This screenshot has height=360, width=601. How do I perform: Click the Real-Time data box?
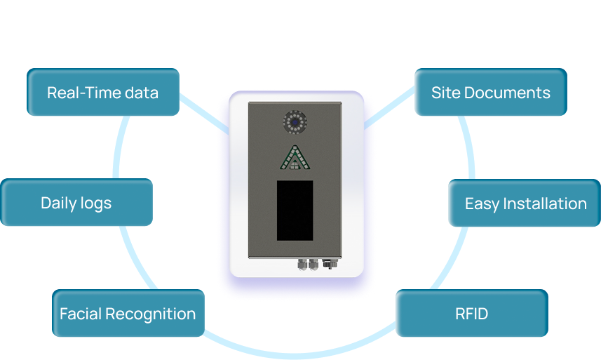[x=103, y=92]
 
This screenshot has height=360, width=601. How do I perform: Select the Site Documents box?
[x=490, y=92]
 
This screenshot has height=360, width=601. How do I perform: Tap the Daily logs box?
[x=76, y=203]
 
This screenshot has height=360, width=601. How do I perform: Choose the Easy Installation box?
[x=525, y=204]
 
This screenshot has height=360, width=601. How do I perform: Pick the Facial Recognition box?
[x=128, y=314]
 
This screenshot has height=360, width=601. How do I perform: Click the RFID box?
[x=471, y=314]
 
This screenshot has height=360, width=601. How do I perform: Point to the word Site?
[x=442, y=93]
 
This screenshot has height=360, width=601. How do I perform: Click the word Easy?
[x=480, y=204]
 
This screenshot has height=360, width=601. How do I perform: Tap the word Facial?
[x=80, y=314]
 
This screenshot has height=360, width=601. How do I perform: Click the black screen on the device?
[x=295, y=210]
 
